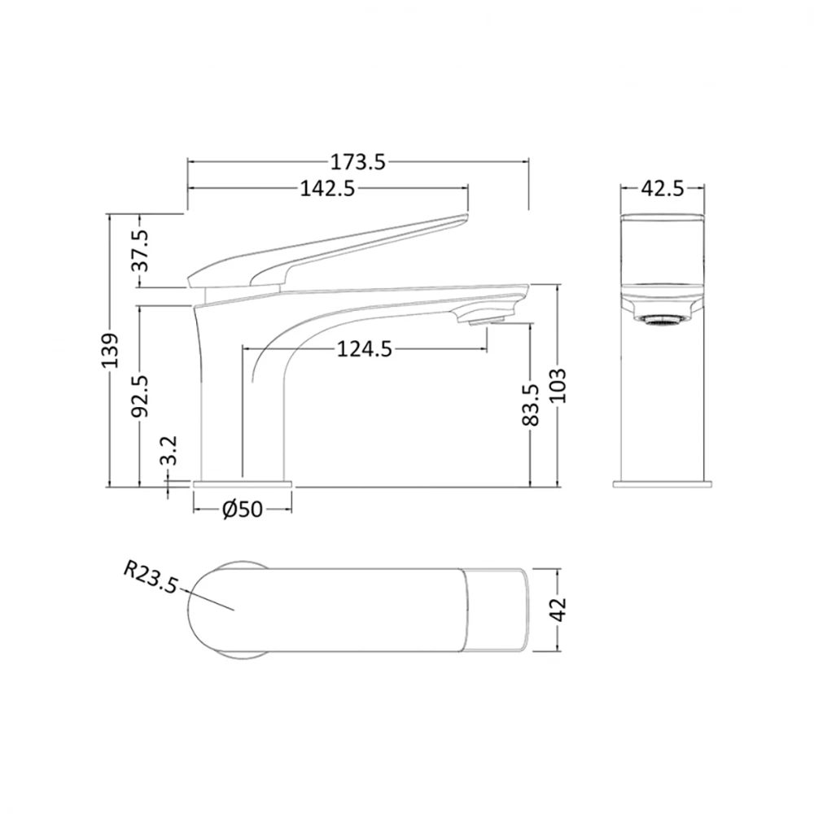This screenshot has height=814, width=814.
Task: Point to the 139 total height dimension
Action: [111, 350]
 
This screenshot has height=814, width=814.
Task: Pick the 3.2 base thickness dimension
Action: [169, 450]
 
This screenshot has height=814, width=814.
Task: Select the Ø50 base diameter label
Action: [242, 510]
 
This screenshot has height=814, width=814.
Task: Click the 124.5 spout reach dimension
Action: [365, 349]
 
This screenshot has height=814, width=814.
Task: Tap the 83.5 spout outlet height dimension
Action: [531, 405]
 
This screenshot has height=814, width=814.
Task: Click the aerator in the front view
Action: [662, 322]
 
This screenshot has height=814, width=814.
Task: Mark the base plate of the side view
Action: [242, 484]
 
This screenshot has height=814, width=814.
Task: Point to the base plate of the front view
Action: [662, 484]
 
